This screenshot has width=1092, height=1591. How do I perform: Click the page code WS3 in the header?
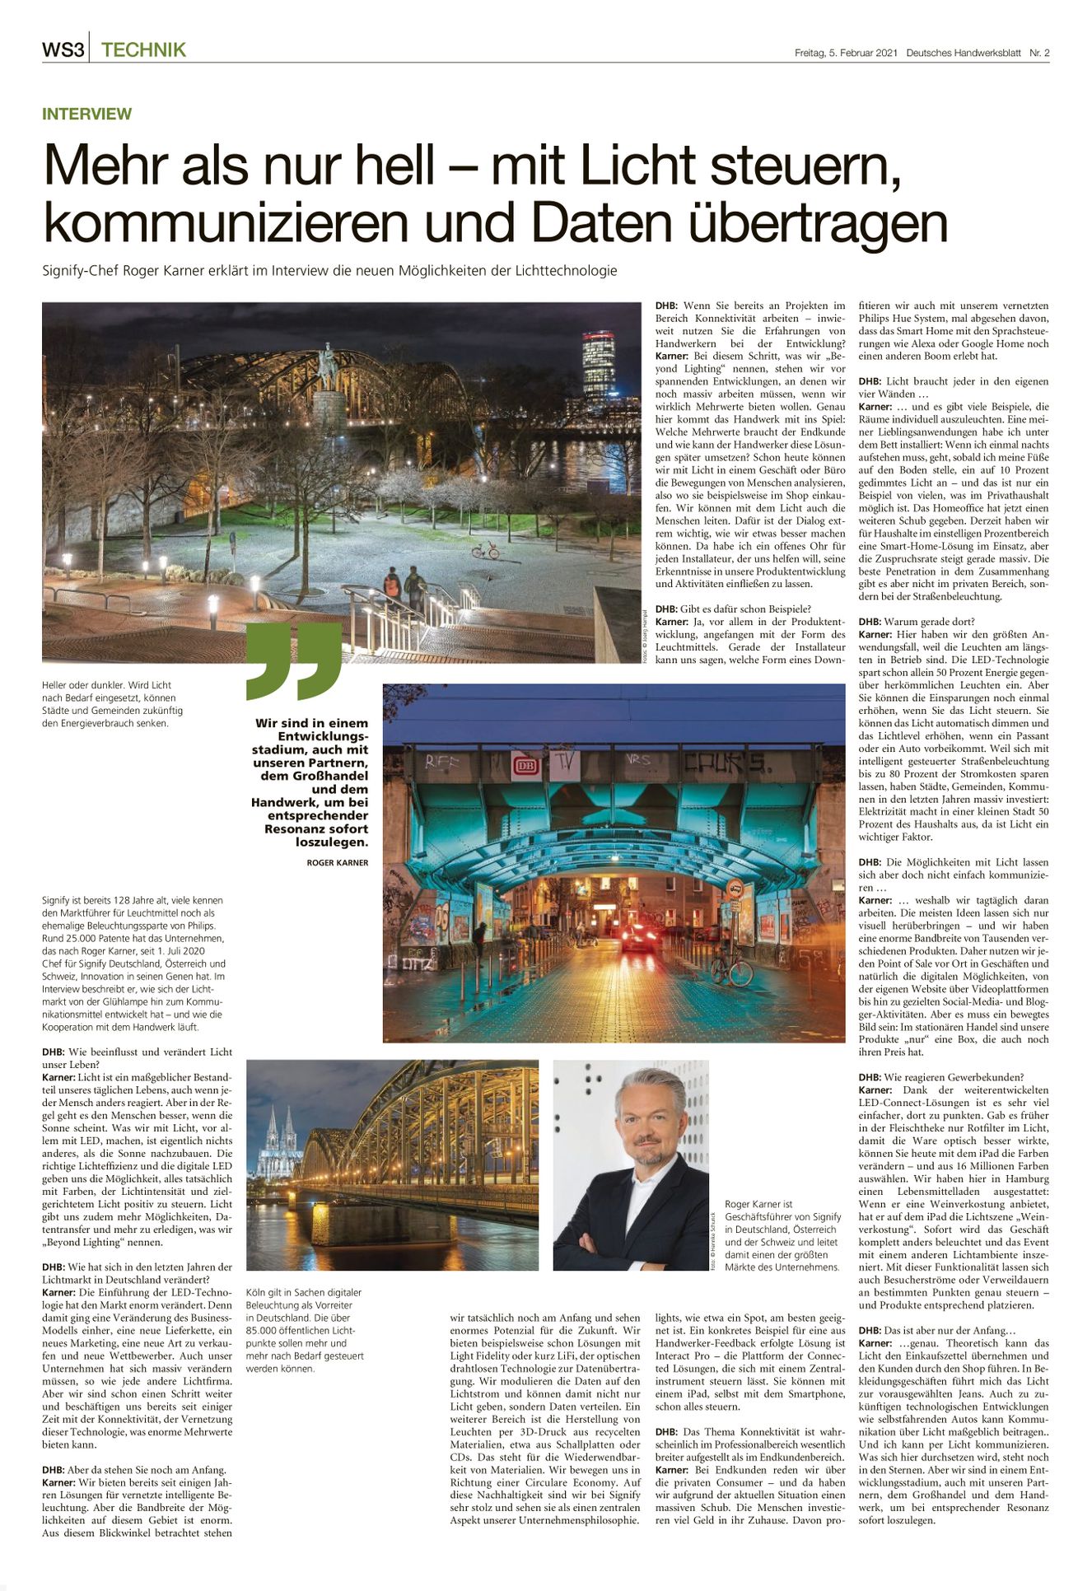pos(63,50)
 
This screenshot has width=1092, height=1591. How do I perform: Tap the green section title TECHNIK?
pos(143,50)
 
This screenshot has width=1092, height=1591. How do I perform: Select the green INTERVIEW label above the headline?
pos(86,114)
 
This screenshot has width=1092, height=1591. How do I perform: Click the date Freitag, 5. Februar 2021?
pos(845,54)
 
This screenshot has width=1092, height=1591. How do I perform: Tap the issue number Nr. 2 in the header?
pos(1038,54)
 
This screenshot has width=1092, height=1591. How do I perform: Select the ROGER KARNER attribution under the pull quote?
pos(337,863)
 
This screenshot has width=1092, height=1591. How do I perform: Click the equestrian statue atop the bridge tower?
pos(329,363)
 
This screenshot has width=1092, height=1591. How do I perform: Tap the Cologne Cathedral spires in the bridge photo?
pos(279,1141)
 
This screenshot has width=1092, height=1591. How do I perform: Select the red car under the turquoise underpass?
pos(637,936)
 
